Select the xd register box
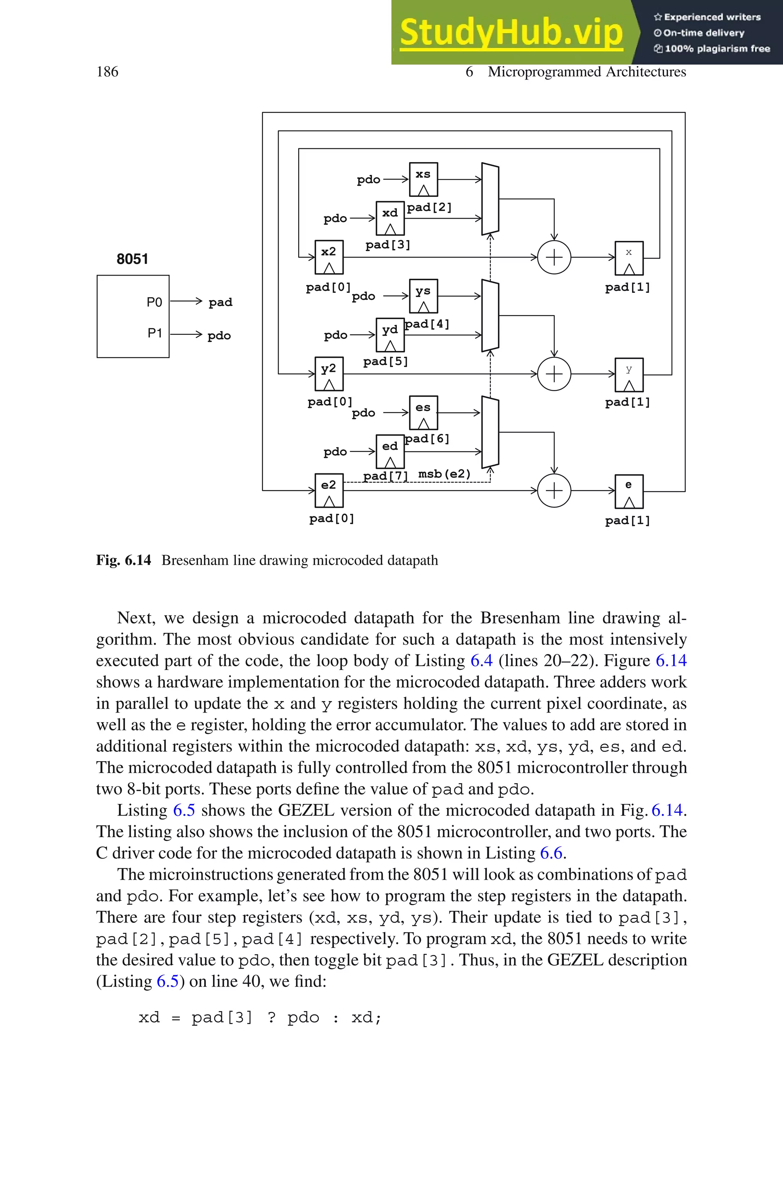click(390, 218)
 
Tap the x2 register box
click(328, 257)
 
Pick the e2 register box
click(328, 490)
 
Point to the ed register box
click(390, 451)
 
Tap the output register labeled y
click(629, 374)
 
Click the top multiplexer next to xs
click(490, 199)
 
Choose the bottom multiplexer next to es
click(490, 432)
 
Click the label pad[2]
click(429, 207)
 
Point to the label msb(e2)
click(444, 474)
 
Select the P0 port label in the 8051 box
click(154, 302)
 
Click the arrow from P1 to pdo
click(186, 334)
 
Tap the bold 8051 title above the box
click(132, 259)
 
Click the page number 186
click(107, 72)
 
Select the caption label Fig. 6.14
click(123, 560)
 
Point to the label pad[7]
click(385, 475)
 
